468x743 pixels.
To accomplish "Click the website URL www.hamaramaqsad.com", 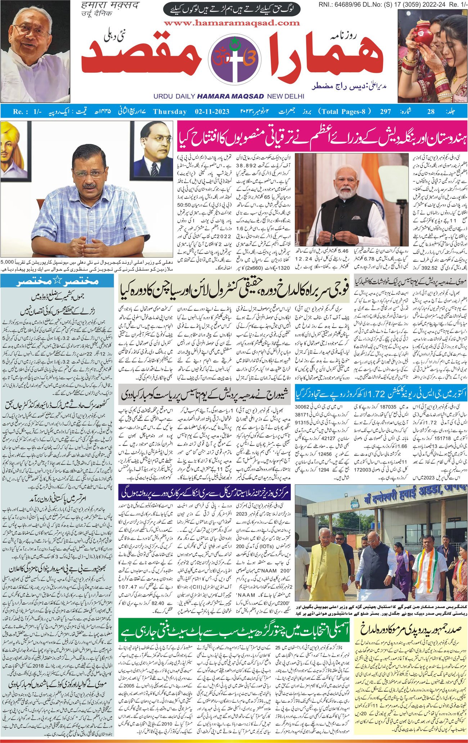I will click(x=233, y=23).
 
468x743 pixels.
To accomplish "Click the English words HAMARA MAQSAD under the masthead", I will click(x=230, y=96).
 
